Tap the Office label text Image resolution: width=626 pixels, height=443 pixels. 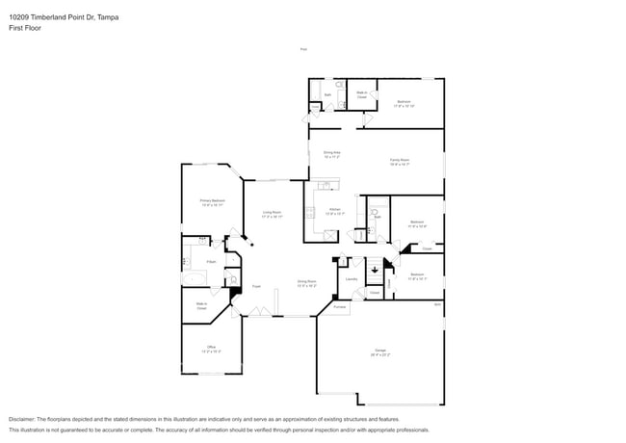(211, 349)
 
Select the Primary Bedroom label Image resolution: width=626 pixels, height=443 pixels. (212, 201)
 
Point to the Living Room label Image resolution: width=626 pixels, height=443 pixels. (272, 214)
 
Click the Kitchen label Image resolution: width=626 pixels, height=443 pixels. (334, 211)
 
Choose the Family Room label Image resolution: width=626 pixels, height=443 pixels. (400, 162)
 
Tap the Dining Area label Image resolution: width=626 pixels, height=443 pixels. (333, 154)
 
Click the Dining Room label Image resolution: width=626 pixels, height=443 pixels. (307, 284)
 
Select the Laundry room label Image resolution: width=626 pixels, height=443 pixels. (352, 279)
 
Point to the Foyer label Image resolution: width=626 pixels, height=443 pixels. (256, 286)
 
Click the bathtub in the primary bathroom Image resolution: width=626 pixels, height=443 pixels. (195, 280)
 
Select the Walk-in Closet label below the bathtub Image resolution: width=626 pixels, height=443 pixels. (202, 306)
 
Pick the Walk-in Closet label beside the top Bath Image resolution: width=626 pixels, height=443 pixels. (362, 96)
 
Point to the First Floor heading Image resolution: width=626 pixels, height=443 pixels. (25, 28)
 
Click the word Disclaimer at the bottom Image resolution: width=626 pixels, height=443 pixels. (27, 419)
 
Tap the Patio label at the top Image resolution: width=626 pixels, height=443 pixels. (303, 49)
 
